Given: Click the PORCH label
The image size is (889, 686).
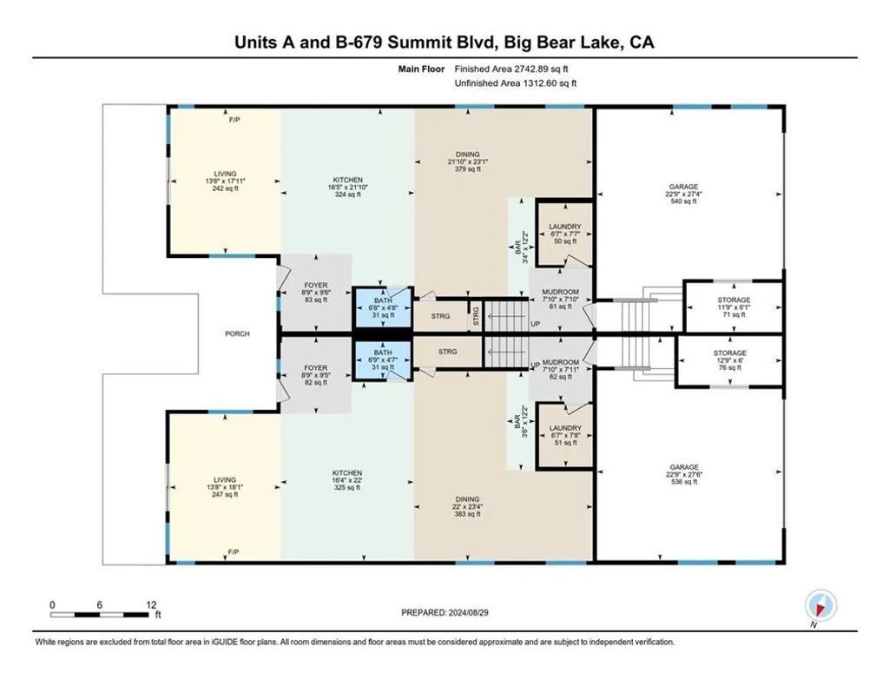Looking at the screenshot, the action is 237,334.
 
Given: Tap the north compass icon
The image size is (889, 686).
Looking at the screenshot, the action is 820,605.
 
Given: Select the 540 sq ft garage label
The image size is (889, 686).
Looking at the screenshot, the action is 683,194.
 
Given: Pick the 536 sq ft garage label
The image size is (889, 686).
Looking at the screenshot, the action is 683,474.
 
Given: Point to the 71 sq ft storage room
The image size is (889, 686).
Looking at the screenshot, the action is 734,307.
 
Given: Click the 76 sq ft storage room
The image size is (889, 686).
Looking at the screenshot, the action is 729,360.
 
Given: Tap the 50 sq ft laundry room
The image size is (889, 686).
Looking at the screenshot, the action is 564,233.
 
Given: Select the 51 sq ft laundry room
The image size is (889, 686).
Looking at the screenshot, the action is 564,435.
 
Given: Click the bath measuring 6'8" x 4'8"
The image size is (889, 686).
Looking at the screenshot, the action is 383,308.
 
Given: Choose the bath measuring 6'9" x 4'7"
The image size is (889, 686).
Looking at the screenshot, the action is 383,360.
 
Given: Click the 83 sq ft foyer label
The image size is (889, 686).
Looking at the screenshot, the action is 316,293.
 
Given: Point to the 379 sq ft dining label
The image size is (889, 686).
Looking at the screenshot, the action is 468,162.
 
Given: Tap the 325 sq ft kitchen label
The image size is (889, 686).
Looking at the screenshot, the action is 347,480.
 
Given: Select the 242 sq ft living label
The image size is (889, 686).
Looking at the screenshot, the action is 225,181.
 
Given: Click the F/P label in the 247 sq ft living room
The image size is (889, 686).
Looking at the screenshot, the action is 234,552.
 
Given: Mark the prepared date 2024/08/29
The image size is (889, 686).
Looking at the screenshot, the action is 444,613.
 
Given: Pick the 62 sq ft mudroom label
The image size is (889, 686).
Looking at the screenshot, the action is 561,370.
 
